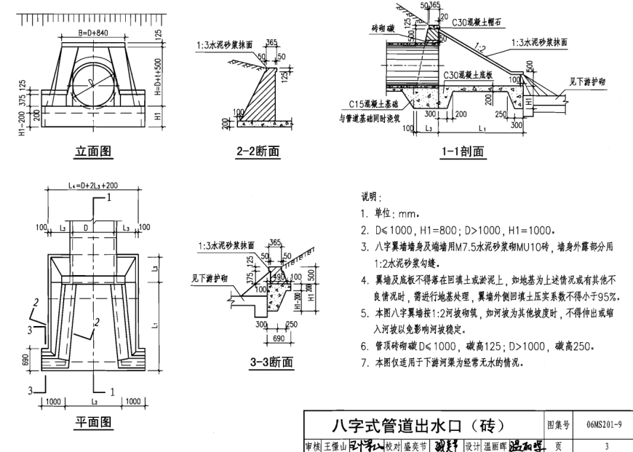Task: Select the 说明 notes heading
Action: click(x=371, y=197)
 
